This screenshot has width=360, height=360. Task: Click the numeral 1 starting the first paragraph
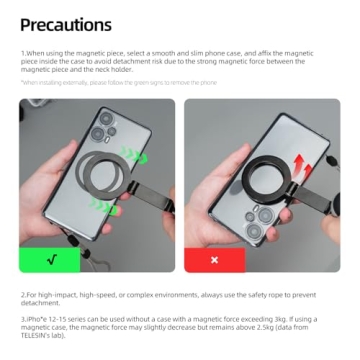click(x=22, y=50)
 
